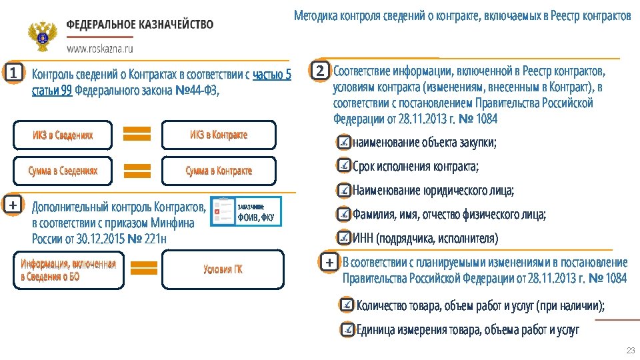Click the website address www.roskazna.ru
(x=99, y=49)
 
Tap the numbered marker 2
(x=320, y=70)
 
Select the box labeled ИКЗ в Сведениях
(x=63, y=135)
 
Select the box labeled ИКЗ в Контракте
(x=219, y=135)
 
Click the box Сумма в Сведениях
(x=63, y=171)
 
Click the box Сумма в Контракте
(x=219, y=171)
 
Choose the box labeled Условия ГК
(x=223, y=269)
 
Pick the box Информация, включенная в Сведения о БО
(x=68, y=269)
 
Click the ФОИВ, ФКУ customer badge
(x=246, y=212)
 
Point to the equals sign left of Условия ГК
(x=143, y=268)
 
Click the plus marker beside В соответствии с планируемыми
(x=329, y=263)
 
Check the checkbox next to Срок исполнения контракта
(x=343, y=166)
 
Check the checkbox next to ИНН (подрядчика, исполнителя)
(x=343, y=238)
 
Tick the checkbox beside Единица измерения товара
(x=347, y=329)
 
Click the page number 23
(x=629, y=351)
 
